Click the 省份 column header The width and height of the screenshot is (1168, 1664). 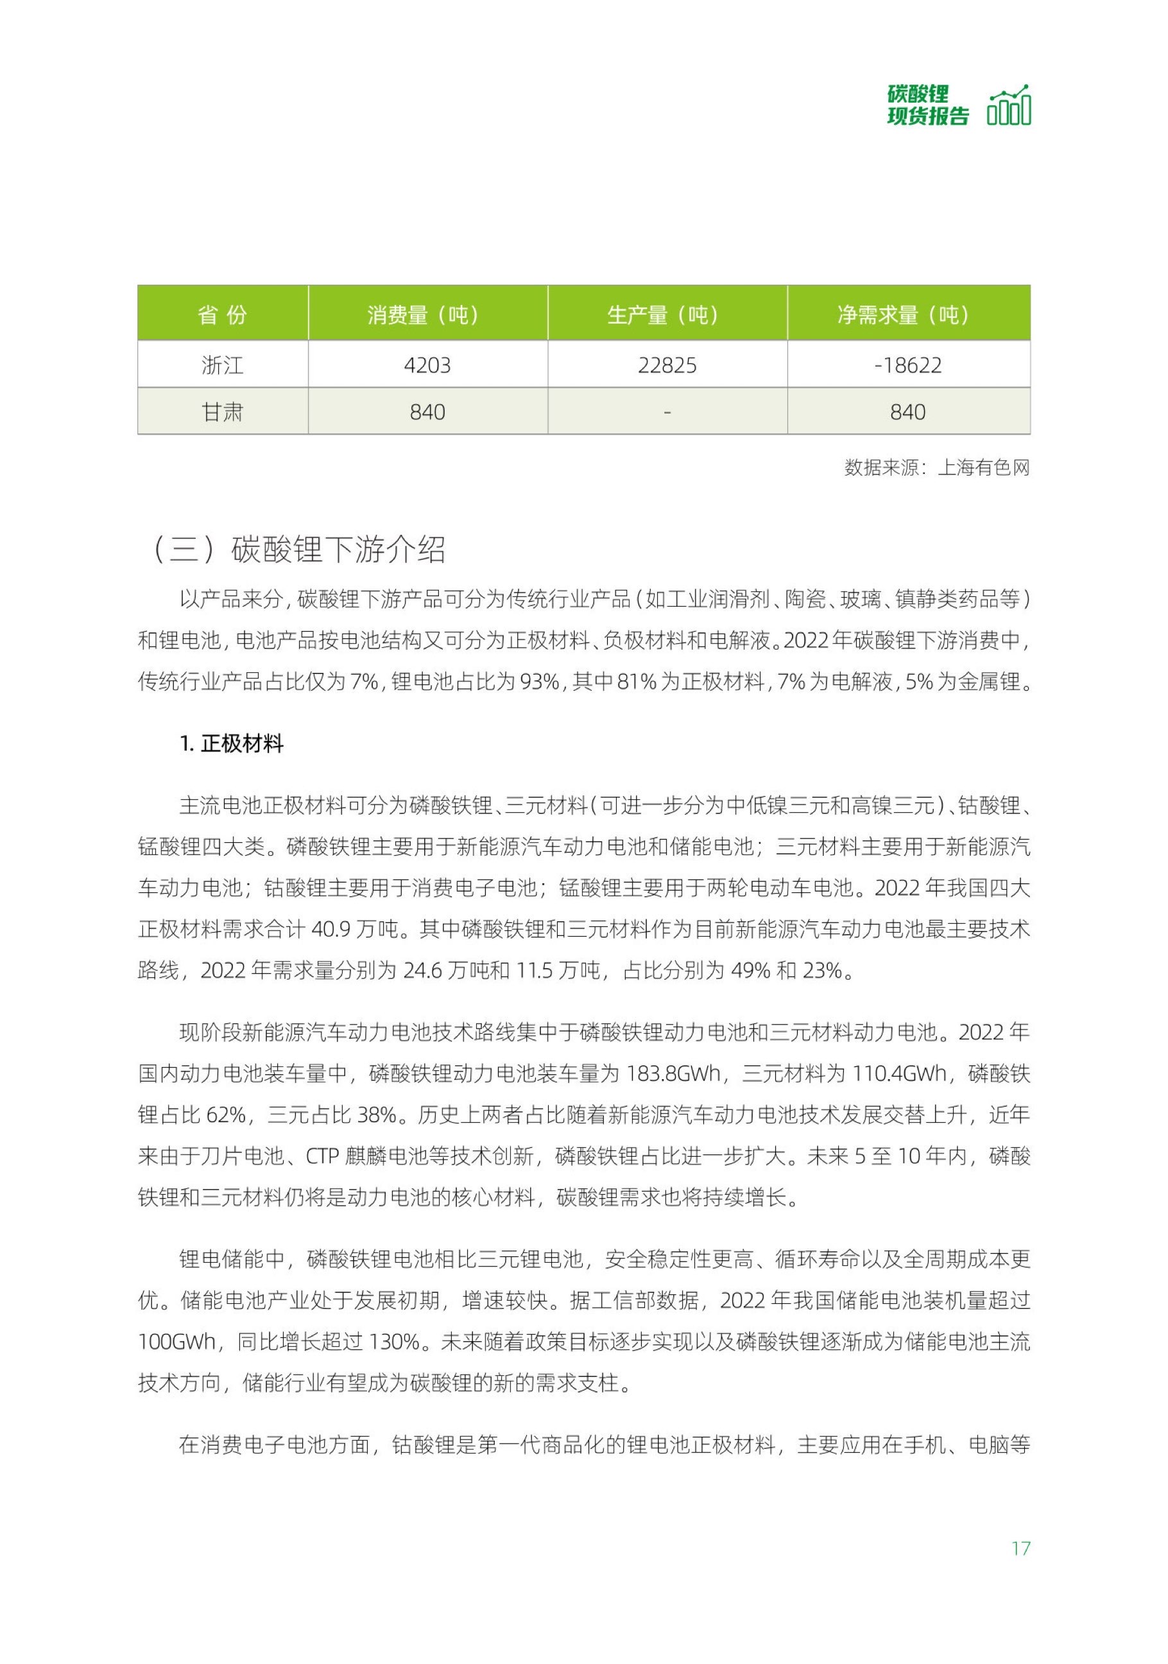pyautogui.click(x=223, y=315)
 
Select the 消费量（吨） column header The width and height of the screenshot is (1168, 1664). pyautogui.click(x=427, y=315)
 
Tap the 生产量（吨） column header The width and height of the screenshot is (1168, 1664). pyautogui.click(x=667, y=315)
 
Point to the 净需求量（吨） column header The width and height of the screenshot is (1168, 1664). pyautogui.click(x=908, y=315)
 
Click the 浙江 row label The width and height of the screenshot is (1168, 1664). pyautogui.click(x=223, y=365)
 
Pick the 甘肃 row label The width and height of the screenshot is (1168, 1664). pyautogui.click(x=223, y=412)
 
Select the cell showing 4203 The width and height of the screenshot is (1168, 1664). pyautogui.click(x=427, y=365)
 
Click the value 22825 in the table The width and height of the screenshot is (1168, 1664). pyautogui.click(x=667, y=365)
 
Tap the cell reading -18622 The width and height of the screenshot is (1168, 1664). pyautogui.click(x=908, y=365)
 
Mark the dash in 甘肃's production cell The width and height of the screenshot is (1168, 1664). pyautogui.click(x=667, y=412)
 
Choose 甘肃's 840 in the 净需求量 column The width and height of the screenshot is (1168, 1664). pyautogui.click(x=908, y=412)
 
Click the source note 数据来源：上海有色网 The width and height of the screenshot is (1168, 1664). pyautogui.click(x=936, y=467)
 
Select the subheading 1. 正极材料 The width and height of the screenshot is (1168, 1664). pyautogui.click(x=232, y=743)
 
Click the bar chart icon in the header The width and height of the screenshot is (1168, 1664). pyautogui.click(x=1009, y=106)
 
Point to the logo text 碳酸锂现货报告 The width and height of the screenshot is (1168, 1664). pyautogui.click(x=927, y=106)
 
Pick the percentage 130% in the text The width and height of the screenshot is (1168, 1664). pyautogui.click(x=395, y=1342)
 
